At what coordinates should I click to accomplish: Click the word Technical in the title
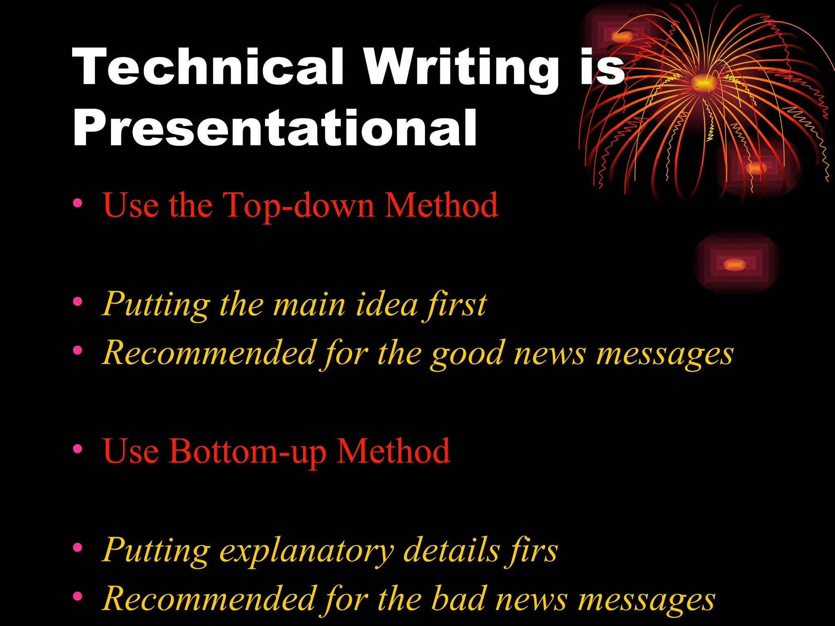coord(208,67)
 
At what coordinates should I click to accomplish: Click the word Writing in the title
coord(461,69)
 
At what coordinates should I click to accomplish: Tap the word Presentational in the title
coord(274,128)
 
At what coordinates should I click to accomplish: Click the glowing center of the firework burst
coord(704,82)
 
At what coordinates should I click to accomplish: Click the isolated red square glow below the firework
coord(736,264)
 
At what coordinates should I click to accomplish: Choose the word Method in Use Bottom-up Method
coord(393,452)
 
